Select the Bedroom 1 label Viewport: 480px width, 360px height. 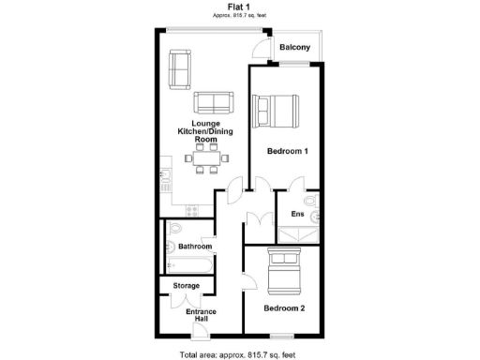pyautogui.click(x=289, y=150)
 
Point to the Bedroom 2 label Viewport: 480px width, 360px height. pyautogui.click(x=284, y=307)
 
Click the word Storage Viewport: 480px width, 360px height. pyautogui.click(x=178, y=285)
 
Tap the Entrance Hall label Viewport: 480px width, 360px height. pyautogui.click(x=202, y=316)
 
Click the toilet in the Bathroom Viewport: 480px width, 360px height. pyautogui.click(x=172, y=248)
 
